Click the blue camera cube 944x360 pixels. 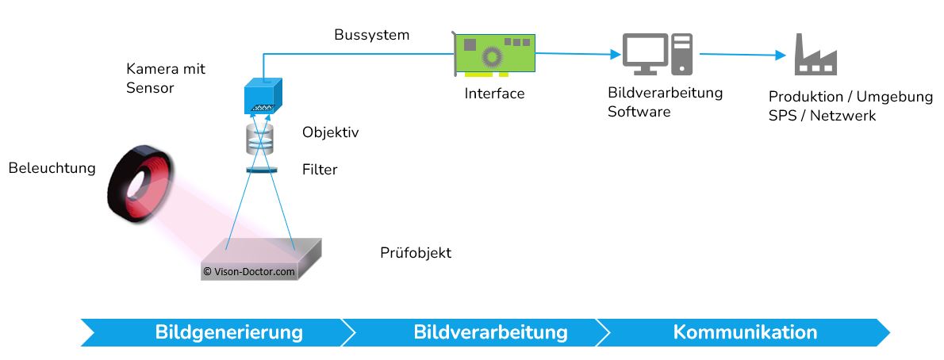pos(261,95)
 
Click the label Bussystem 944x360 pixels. pos(371,35)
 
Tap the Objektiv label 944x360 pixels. pos(330,132)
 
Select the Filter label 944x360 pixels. pos(320,169)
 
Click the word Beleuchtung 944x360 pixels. pos(52,168)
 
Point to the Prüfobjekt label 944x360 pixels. pos(415,253)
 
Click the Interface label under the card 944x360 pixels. pos(494,94)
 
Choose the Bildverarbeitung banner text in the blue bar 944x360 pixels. pos(490,331)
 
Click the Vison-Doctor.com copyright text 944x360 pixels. pos(249,270)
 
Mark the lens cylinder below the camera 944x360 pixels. pos(260,139)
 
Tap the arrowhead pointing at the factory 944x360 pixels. pos(778,56)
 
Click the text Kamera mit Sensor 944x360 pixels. pos(165,78)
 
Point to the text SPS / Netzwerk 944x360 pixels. pos(822,116)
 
